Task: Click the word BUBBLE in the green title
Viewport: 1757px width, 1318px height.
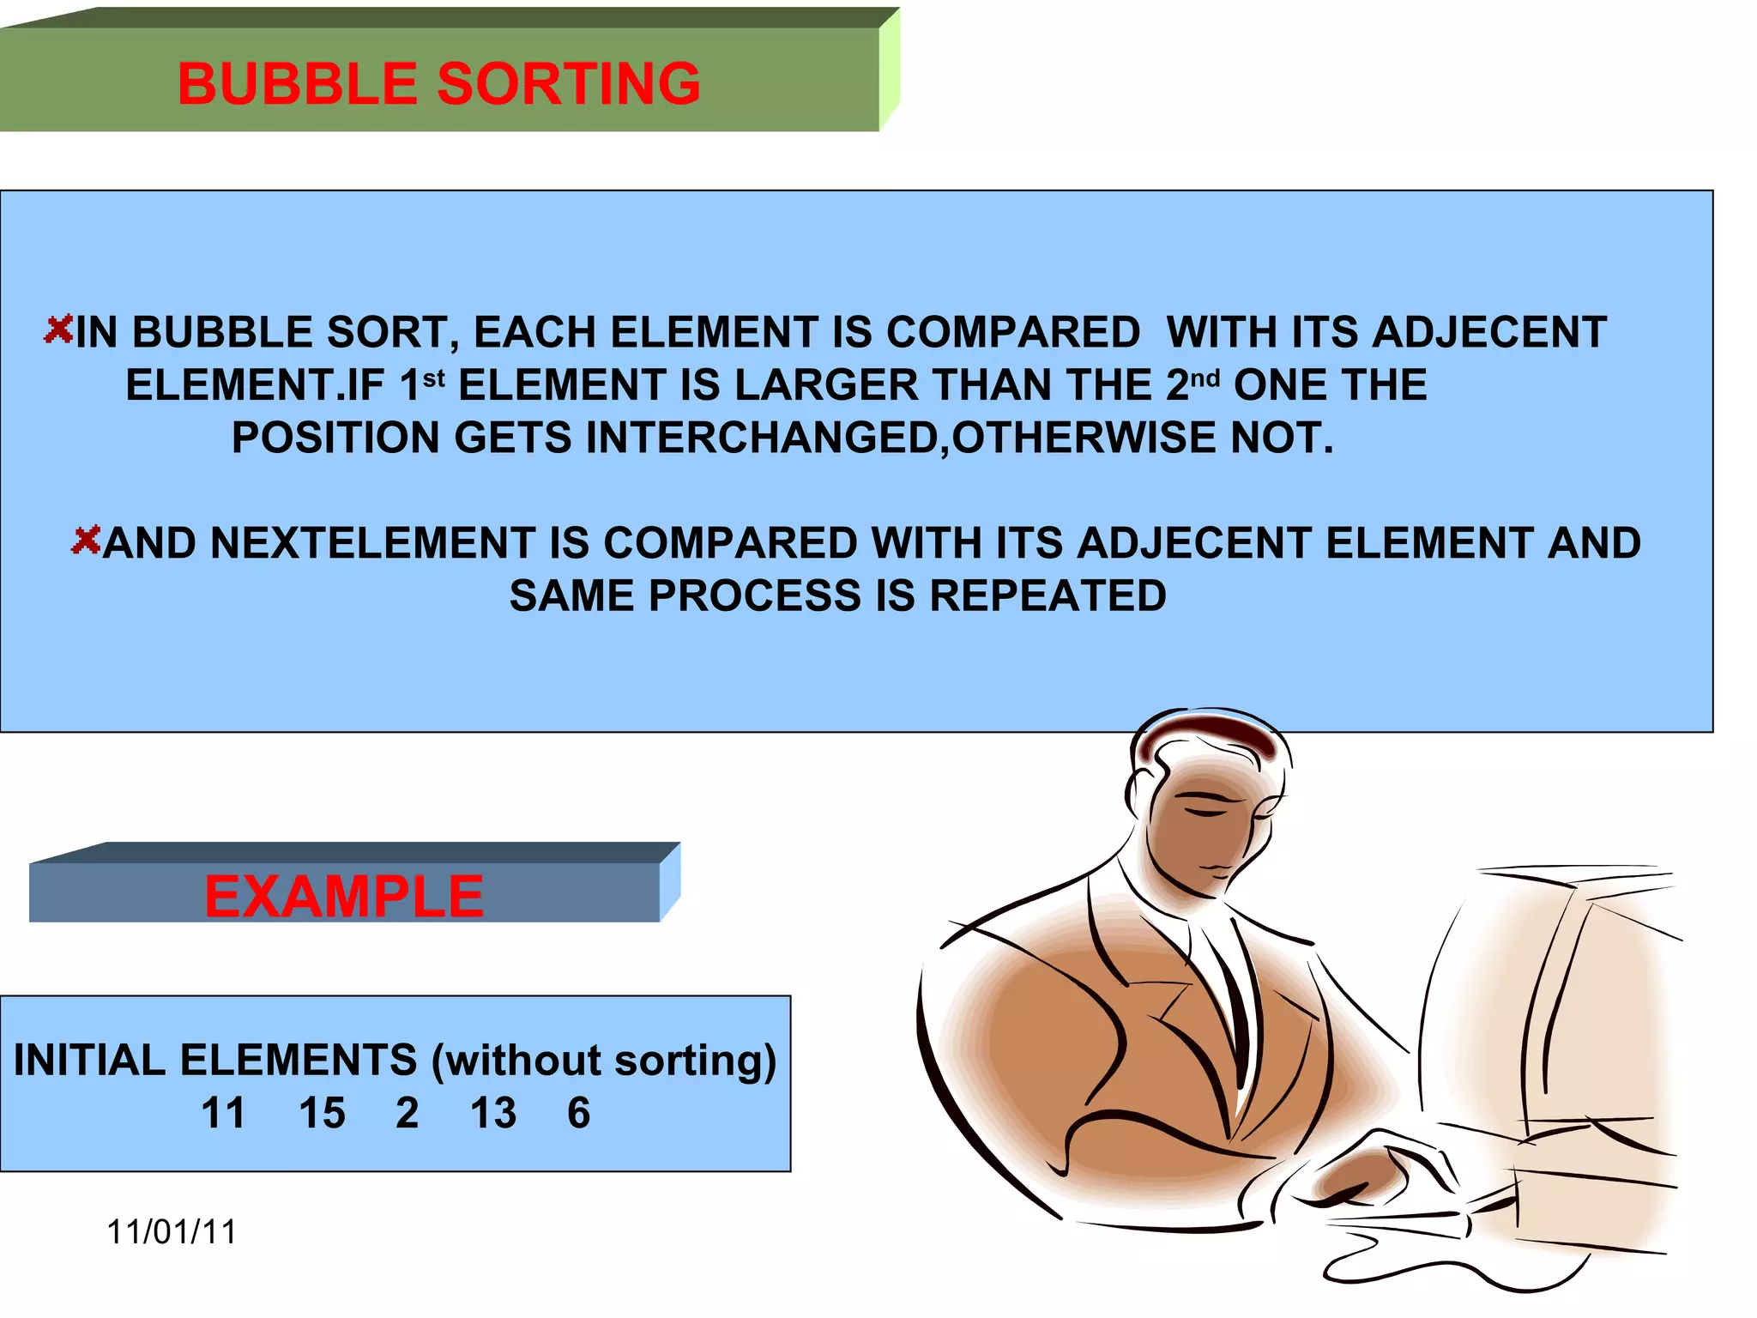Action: [297, 84]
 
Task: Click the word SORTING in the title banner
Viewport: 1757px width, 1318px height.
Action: [569, 84]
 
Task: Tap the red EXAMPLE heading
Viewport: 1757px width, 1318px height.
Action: [344, 897]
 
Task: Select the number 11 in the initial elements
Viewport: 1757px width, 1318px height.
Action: [223, 1113]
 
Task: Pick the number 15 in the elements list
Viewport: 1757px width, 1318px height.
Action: [322, 1113]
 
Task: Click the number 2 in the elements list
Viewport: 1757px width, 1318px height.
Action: [408, 1113]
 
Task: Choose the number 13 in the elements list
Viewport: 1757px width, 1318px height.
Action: [493, 1113]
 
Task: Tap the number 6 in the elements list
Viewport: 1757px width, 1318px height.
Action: [579, 1113]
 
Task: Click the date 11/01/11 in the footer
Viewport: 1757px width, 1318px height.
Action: [172, 1232]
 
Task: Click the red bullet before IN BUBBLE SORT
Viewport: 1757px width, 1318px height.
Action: [58, 329]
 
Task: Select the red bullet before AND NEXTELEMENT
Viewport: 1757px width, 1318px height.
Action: [86, 541]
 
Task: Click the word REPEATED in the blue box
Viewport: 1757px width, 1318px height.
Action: [1048, 596]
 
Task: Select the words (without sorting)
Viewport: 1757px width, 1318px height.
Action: [604, 1061]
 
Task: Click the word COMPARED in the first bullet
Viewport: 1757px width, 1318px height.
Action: [1012, 332]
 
